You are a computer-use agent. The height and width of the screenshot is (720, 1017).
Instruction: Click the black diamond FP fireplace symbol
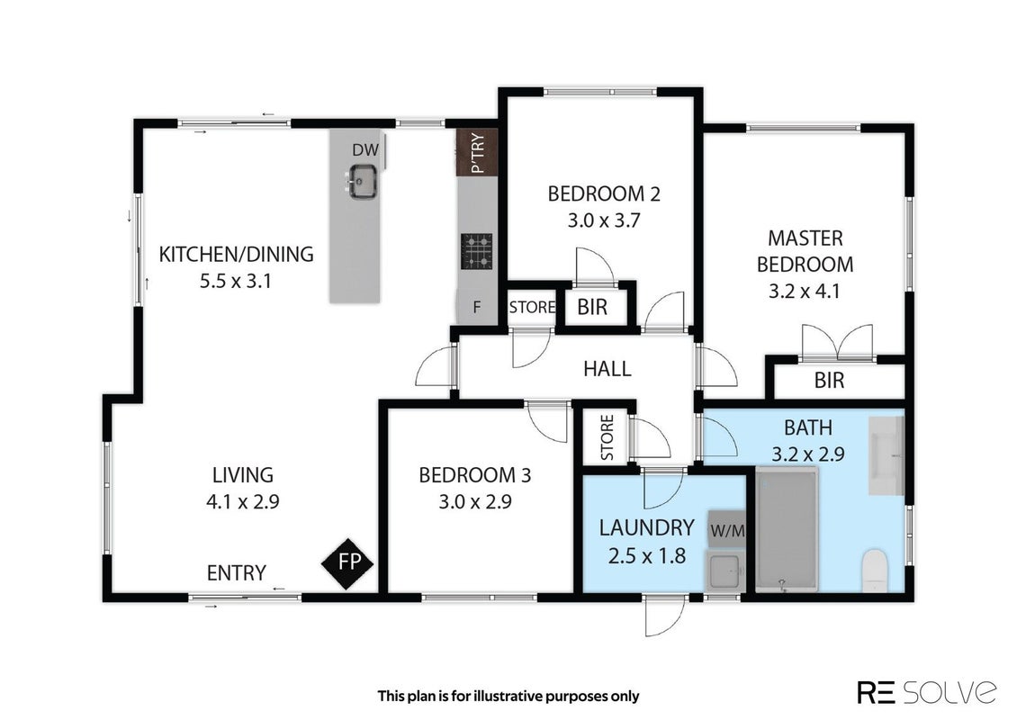point(347,563)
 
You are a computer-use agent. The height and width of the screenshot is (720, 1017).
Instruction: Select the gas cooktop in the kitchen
point(477,251)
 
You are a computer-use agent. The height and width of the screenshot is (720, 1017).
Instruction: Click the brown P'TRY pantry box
point(477,152)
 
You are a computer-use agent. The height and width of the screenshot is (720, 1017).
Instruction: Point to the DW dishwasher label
point(365,150)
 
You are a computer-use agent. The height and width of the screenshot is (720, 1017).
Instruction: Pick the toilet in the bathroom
point(875,571)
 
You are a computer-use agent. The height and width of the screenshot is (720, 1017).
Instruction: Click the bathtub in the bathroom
point(786,531)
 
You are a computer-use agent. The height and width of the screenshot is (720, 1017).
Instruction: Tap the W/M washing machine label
point(728,531)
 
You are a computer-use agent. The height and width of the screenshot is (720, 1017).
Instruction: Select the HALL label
point(607,369)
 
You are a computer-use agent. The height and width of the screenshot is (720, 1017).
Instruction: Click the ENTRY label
point(236,572)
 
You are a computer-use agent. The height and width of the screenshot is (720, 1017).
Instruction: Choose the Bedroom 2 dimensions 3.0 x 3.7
point(604,220)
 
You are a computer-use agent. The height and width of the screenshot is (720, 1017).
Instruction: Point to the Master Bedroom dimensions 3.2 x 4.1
point(805,292)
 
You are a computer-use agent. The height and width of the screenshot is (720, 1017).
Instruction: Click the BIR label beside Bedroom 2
point(592,308)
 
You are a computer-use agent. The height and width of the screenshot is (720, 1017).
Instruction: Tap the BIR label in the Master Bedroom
point(829,380)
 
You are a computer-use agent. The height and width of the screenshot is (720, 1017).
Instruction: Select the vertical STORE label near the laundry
point(607,437)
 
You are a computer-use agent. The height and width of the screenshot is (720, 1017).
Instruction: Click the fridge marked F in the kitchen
point(477,308)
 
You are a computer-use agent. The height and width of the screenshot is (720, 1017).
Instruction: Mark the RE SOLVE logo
point(927,692)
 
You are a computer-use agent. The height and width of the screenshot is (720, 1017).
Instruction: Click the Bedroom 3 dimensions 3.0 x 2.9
point(475,502)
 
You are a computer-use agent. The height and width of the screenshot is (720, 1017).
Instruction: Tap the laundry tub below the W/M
point(725,573)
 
